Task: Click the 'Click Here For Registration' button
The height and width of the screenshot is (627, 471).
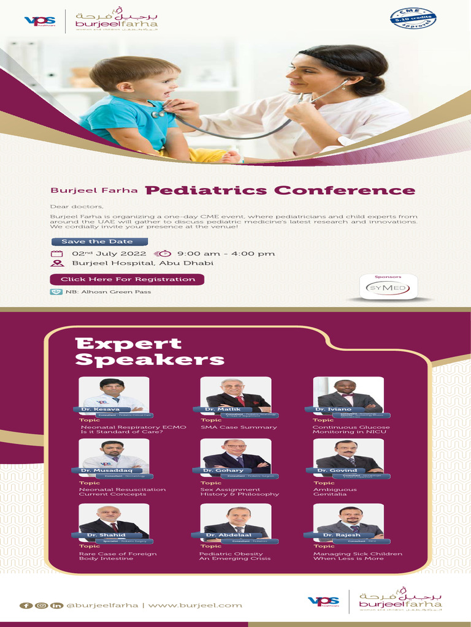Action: pyautogui.click(x=127, y=279)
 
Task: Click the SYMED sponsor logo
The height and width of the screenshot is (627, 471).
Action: pyautogui.click(x=389, y=287)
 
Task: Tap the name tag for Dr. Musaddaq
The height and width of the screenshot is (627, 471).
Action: pyautogui.click(x=111, y=470)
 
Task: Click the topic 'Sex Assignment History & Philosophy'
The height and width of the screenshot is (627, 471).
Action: pyautogui.click(x=240, y=492)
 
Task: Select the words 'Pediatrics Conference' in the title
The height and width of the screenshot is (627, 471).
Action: pyautogui.click(x=280, y=190)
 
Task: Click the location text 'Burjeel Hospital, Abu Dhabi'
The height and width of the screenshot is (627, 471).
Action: pyautogui.click(x=142, y=263)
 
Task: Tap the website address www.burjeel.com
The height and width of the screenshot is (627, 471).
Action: pyautogui.click(x=195, y=606)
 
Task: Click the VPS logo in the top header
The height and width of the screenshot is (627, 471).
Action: pyautogui.click(x=40, y=21)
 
